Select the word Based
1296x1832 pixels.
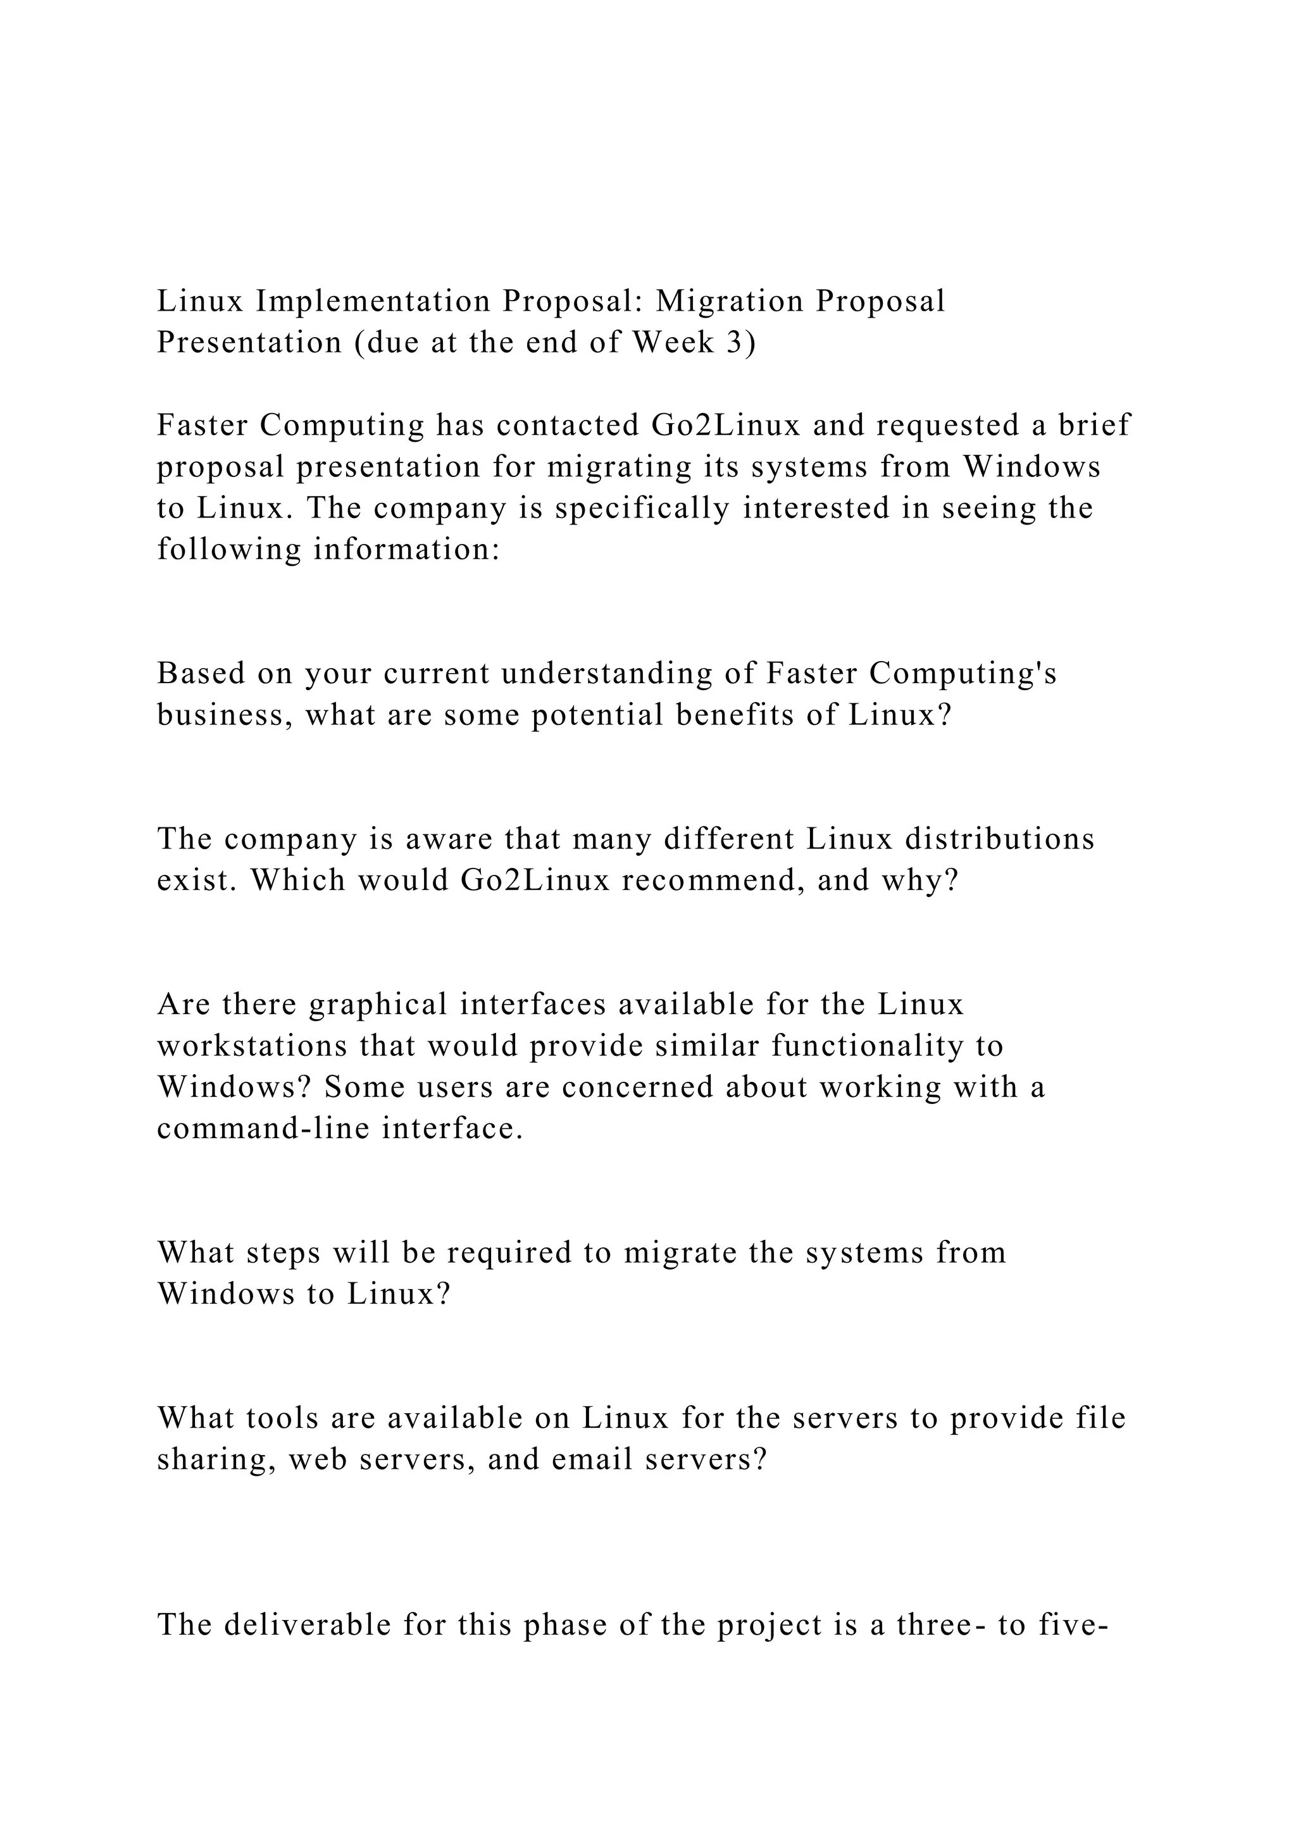[x=201, y=674]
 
